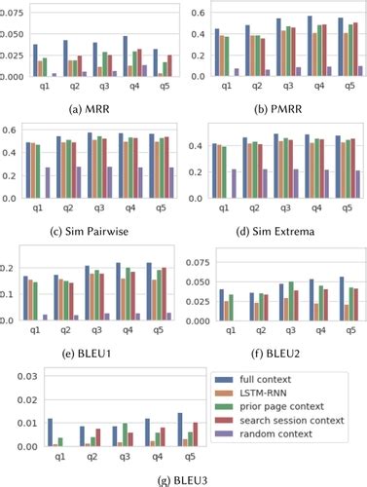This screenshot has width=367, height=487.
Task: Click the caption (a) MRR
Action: pyautogui.click(x=92, y=106)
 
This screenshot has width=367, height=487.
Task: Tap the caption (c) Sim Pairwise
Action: pyautogui.click(x=92, y=230)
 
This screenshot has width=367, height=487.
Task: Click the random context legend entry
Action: pyautogui.click(x=276, y=438)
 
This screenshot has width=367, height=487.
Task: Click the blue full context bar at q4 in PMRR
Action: pyautogui.click(x=311, y=46)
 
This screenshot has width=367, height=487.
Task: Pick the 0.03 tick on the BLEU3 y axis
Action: pyautogui.click(x=20, y=375)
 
